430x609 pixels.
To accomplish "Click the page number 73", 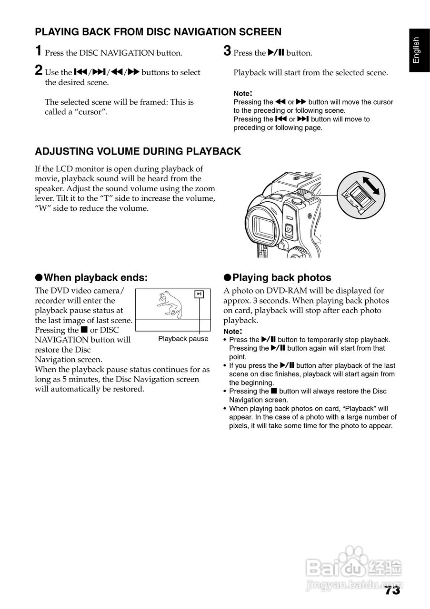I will pyautogui.click(x=392, y=590).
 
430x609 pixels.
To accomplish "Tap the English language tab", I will pyautogui.click(x=417, y=50).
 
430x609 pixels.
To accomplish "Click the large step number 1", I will pyautogui.click(x=39, y=51).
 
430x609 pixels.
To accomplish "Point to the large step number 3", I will pyautogui.click(x=228, y=51).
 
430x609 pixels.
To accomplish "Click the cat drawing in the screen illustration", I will pyautogui.click(x=170, y=303).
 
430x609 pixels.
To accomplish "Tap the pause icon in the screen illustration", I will pyautogui.click(x=200, y=294).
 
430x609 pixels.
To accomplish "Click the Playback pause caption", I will pyautogui.click(x=183, y=339).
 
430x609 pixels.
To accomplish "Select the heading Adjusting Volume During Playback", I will pyautogui.click(x=138, y=152).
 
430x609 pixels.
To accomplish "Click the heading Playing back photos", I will pyautogui.click(x=281, y=278).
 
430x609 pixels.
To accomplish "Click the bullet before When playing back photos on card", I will pyautogui.click(x=225, y=409).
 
